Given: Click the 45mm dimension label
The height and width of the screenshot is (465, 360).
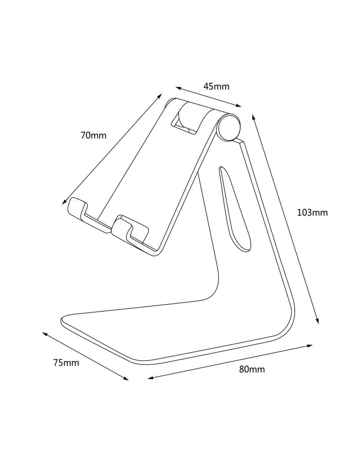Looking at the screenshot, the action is (x=216, y=86).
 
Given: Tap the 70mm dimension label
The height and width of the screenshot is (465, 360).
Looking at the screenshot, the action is (x=93, y=135).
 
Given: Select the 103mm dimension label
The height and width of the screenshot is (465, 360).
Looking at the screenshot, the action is (x=313, y=213).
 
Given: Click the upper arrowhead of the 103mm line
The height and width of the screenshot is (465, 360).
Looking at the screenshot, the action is (x=254, y=117).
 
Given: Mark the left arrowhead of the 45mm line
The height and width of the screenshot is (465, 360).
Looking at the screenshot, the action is (x=179, y=88).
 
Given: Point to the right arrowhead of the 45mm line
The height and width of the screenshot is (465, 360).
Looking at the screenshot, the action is (x=238, y=105).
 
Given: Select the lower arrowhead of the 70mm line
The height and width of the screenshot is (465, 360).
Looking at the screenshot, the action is (x=64, y=202).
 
